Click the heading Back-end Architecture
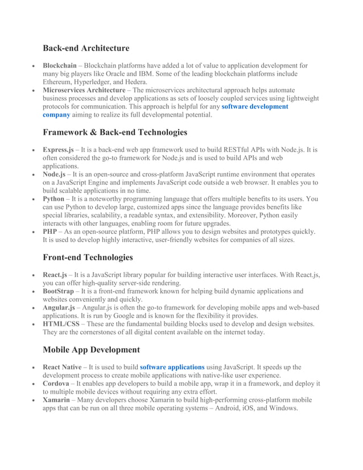pos(86,48)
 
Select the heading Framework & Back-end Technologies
pos(115,133)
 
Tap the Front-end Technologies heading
pos(88,257)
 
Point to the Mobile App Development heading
pos(91,350)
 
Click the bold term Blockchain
pos(60,66)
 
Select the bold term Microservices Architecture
pos(84,90)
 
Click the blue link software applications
pos(172,368)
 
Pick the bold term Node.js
pos(54,175)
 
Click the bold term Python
pos(53,199)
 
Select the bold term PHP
pos(49,232)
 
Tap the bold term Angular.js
pos(59,308)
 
